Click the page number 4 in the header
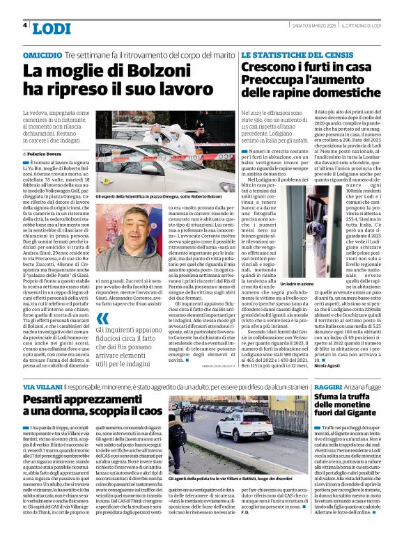click(25, 25)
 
